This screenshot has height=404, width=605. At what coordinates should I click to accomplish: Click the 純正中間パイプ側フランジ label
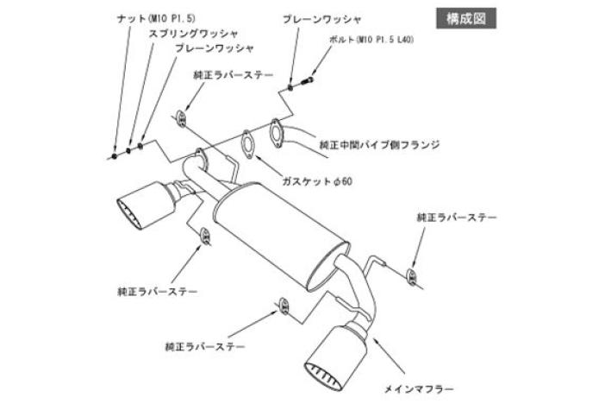click(x=379, y=144)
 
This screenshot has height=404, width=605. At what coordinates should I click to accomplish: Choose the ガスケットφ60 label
click(x=317, y=181)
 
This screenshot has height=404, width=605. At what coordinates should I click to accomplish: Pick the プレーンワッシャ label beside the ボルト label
click(x=321, y=18)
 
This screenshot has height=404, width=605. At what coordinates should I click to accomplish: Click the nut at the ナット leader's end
click(x=115, y=156)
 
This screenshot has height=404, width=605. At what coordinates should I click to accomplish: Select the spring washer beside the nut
click(x=128, y=151)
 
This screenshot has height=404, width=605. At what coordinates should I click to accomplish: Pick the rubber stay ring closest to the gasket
click(x=183, y=117)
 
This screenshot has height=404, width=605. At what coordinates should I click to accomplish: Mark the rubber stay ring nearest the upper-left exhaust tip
click(x=206, y=236)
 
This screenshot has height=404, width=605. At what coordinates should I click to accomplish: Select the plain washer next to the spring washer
click(x=140, y=146)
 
